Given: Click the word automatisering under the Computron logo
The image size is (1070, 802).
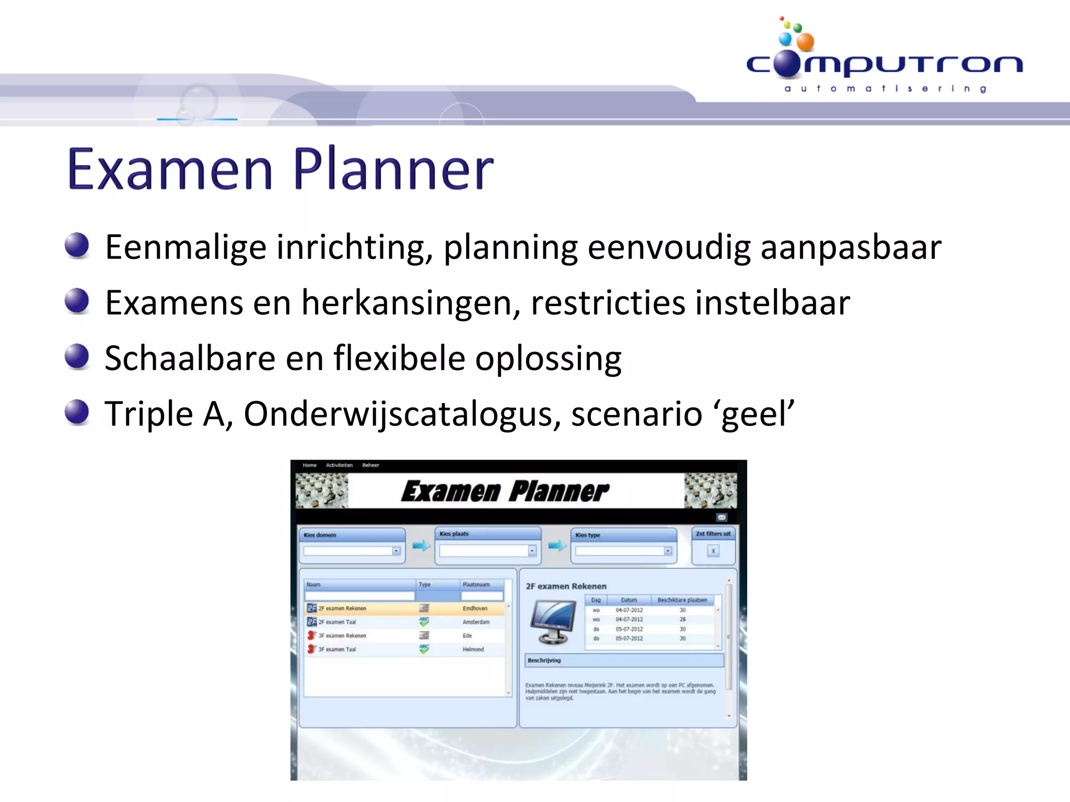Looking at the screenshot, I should [885, 89].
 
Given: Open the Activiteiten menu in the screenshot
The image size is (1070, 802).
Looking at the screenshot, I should [339, 465].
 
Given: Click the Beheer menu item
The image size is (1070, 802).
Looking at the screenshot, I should [370, 465].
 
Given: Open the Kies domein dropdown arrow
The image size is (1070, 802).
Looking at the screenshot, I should [396, 551].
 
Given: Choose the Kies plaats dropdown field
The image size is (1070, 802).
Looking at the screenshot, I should [484, 551].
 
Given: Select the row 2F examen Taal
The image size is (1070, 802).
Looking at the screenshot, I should [337, 622].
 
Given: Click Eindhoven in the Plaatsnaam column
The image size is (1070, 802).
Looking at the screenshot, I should [474, 608].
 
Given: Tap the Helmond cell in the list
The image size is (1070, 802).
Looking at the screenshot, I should [473, 650].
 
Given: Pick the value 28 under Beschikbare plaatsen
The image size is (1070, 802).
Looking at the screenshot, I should [682, 619].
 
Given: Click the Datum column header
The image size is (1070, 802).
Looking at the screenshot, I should [629, 600].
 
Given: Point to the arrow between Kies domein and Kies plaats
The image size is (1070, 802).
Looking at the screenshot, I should [421, 546].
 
